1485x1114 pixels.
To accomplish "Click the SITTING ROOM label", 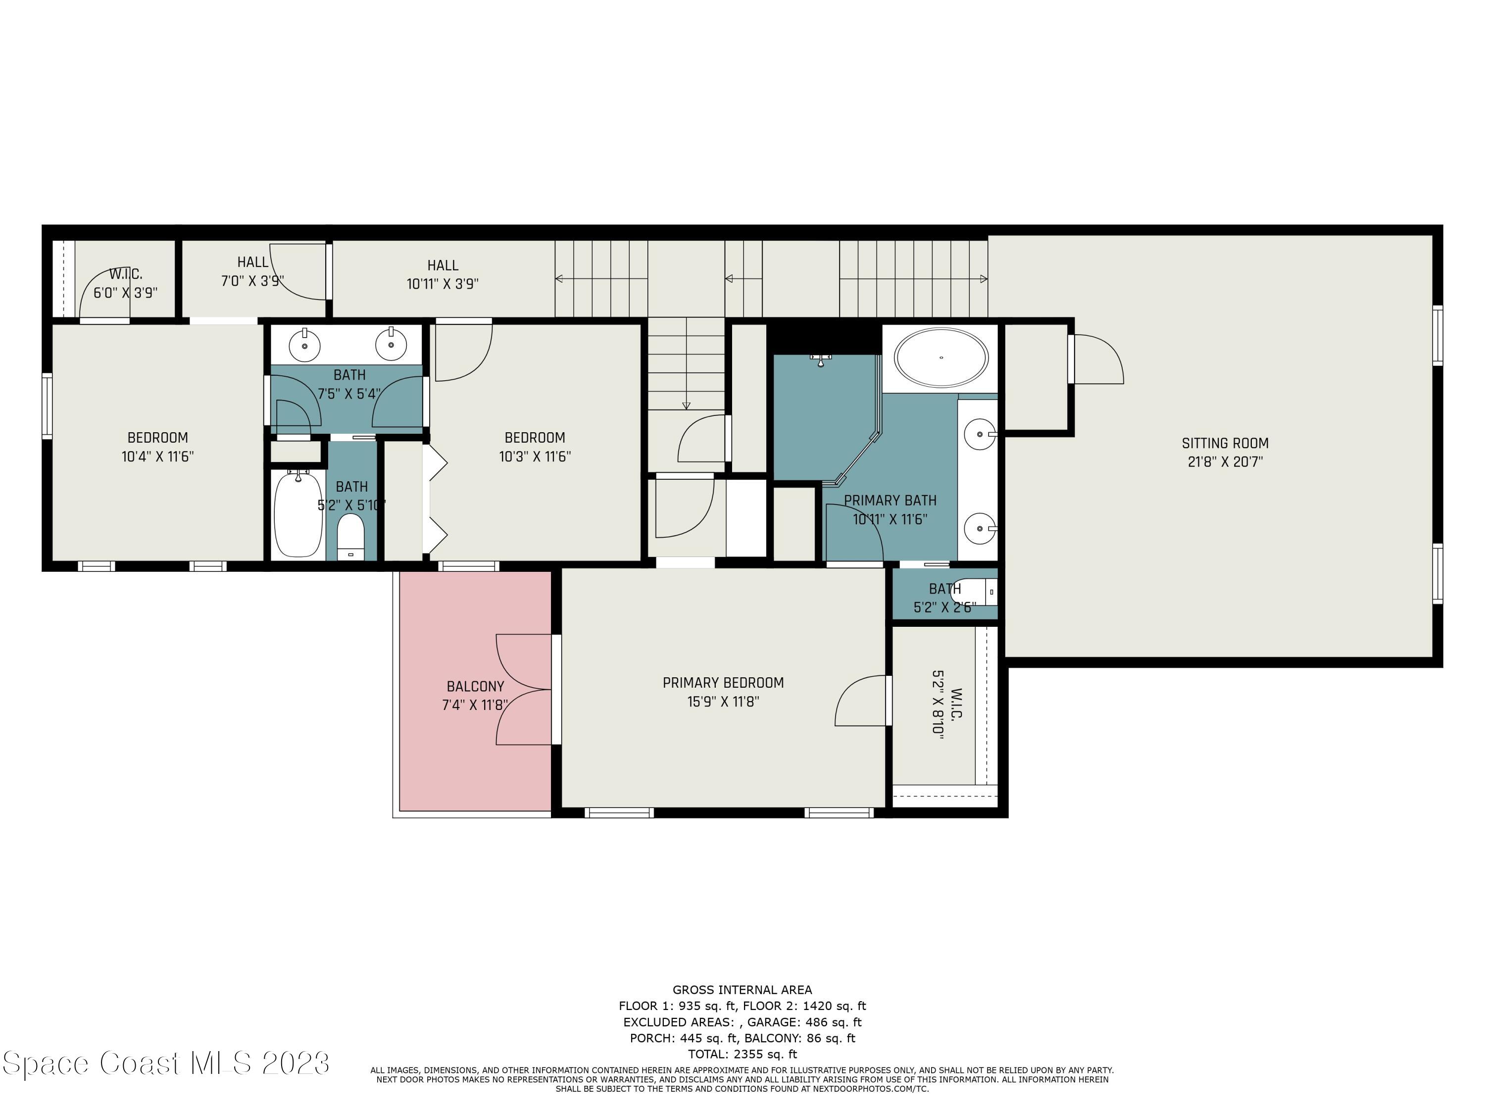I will [x=1225, y=443].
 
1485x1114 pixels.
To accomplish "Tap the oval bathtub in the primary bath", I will [x=942, y=358].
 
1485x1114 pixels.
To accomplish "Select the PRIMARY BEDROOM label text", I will [x=723, y=683].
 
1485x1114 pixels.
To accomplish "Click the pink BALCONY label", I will [x=475, y=686].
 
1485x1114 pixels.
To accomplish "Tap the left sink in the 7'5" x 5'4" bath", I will [x=305, y=346].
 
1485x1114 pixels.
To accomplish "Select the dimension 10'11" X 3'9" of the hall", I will [x=443, y=284].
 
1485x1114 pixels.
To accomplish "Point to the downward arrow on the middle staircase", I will [x=686, y=405].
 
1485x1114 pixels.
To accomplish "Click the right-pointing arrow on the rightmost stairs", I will [x=984, y=279].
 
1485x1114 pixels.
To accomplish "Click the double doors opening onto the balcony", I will [x=524, y=689].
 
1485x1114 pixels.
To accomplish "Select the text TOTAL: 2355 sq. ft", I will [x=742, y=1054].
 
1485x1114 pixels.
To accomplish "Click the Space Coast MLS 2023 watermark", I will [x=166, y=1063].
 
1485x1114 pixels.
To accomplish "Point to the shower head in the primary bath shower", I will [x=820, y=360].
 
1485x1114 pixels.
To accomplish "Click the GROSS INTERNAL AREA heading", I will [x=742, y=990].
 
